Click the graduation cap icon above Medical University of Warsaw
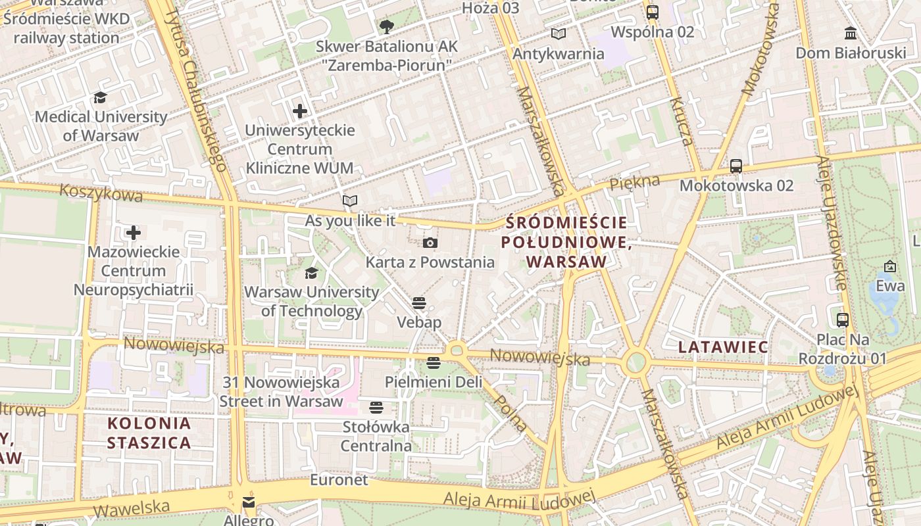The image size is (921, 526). pyautogui.click(x=100, y=98)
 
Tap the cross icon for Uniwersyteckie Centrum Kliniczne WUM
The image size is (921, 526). pyautogui.click(x=300, y=111)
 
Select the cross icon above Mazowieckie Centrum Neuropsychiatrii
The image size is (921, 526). pyautogui.click(x=134, y=233)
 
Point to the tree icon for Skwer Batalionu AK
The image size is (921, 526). pyautogui.click(x=386, y=27)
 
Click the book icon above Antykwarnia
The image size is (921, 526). pyautogui.click(x=558, y=34)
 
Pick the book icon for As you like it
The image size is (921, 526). pyautogui.click(x=350, y=201)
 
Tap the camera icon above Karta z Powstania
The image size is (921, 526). pyautogui.click(x=430, y=243)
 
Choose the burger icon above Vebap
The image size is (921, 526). pyautogui.click(x=419, y=303)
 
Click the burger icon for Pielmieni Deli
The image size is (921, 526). pyautogui.click(x=433, y=362)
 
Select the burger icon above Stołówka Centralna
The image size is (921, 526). pyautogui.click(x=376, y=408)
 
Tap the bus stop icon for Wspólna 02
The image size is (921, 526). pyautogui.click(x=653, y=12)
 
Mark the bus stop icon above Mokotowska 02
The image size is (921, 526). pyautogui.click(x=736, y=166)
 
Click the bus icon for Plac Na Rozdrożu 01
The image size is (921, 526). pyautogui.click(x=843, y=320)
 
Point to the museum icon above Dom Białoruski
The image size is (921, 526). pyautogui.click(x=851, y=33)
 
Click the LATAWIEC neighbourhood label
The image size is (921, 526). pyautogui.click(x=723, y=347)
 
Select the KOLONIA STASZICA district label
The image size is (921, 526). pyautogui.click(x=149, y=433)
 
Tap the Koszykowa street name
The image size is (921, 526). pyautogui.click(x=101, y=193)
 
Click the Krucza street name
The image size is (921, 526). pyautogui.click(x=682, y=121)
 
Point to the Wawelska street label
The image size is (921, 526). pyautogui.click(x=131, y=508)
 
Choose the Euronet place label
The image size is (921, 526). pyautogui.click(x=339, y=480)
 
